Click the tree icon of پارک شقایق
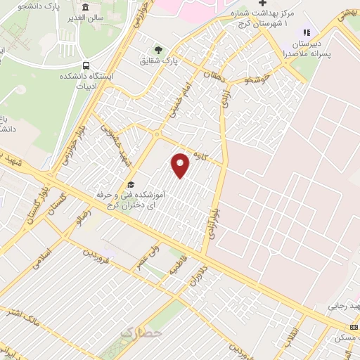158,49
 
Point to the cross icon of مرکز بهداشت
262,3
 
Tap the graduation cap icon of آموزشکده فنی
131,184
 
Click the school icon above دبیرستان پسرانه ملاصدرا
305,32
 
